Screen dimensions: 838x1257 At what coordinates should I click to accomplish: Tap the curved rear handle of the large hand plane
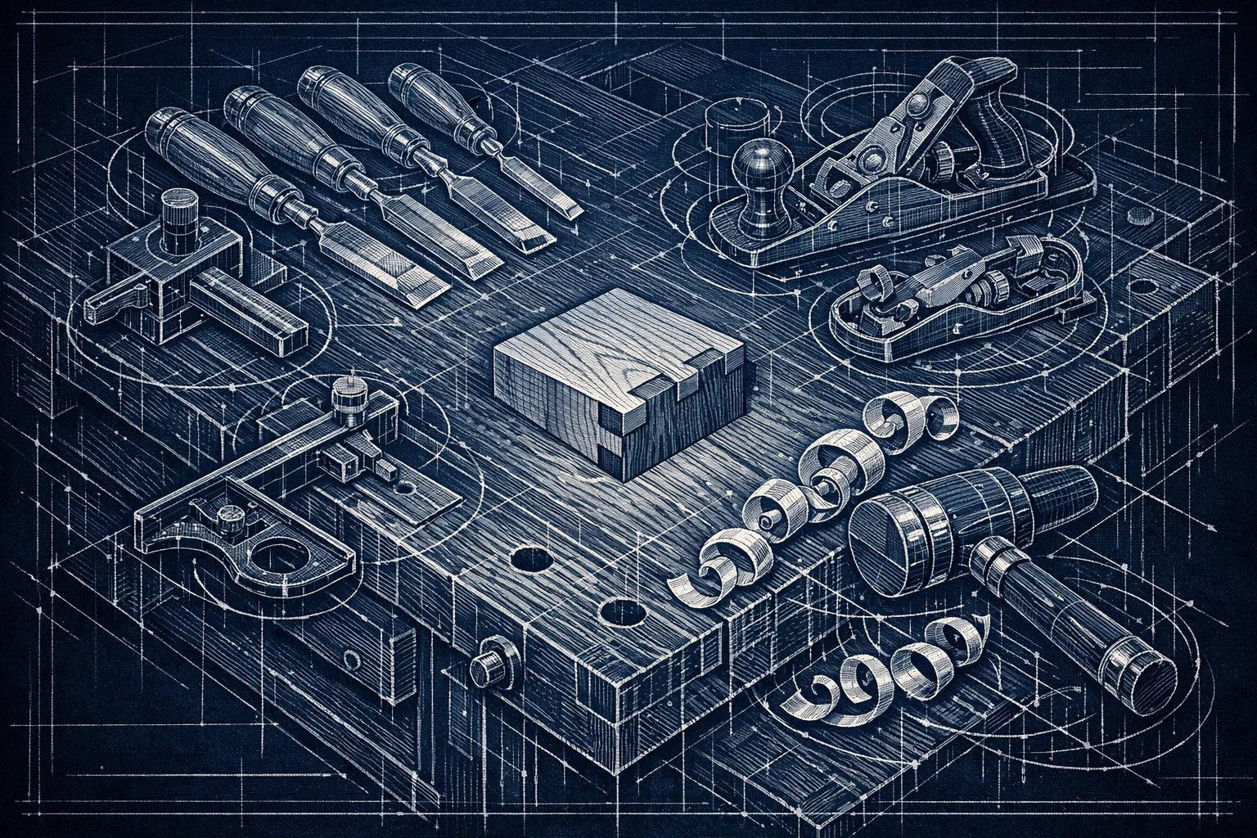(1002, 123)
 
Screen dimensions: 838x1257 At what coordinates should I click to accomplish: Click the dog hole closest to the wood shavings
(620, 610)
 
